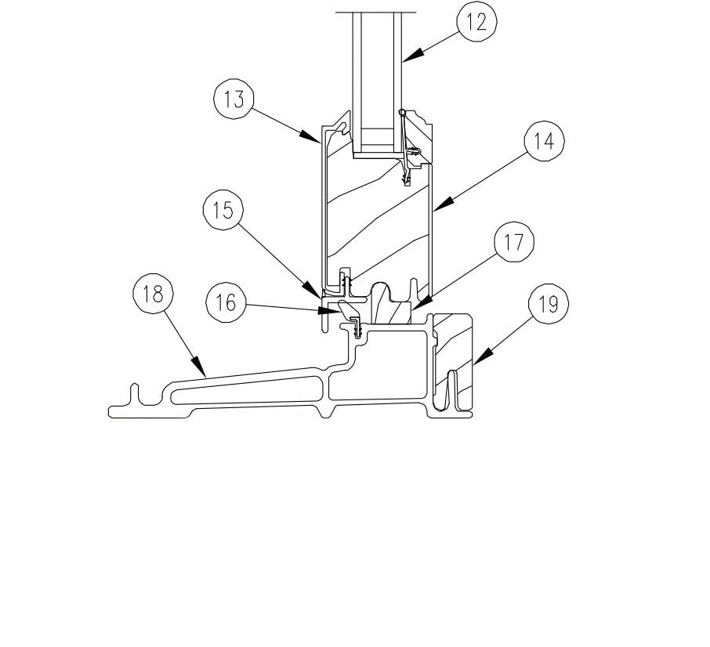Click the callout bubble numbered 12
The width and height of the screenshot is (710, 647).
pos(476,22)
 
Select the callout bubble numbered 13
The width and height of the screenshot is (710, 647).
pos(234,99)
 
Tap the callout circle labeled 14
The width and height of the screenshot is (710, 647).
pos(545,141)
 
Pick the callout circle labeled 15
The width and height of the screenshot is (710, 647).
pos(223,210)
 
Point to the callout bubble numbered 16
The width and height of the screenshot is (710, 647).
pos(226,302)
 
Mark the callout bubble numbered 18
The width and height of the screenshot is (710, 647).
pos(153,294)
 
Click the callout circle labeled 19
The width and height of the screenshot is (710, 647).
pos(549,305)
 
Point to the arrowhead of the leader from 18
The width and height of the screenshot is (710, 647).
pos(198,366)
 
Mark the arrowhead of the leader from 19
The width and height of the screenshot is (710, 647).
pos(482,356)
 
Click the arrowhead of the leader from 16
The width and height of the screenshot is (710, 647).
pos(327,310)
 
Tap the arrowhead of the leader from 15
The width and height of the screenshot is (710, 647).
pos(313,289)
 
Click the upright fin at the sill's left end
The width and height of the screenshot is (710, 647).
pos(135,394)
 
